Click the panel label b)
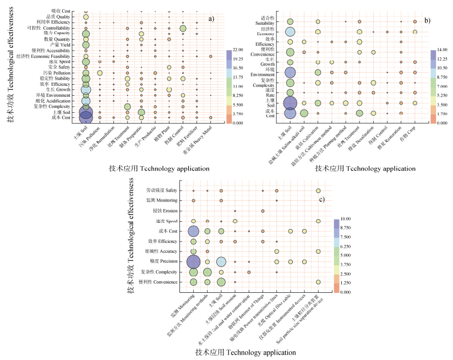[x=427, y=20]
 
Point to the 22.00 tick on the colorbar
[x=238, y=50]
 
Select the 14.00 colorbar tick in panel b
[x=442, y=50]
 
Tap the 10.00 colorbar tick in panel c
[x=346, y=219]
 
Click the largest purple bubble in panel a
[x=86, y=114]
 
